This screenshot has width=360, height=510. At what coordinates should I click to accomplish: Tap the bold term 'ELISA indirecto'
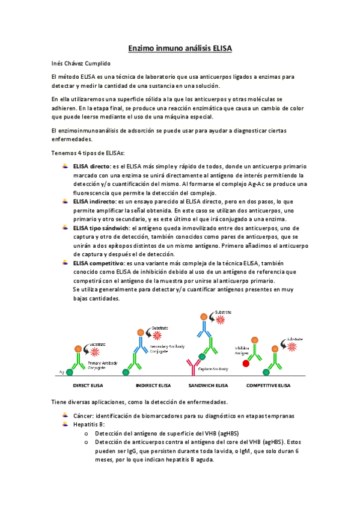tap(94, 201)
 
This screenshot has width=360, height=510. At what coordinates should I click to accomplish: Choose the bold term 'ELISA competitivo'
tap(98, 263)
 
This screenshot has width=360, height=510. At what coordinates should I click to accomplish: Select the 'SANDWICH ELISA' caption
tap(208, 369)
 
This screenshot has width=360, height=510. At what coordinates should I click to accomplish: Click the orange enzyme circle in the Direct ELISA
tap(78, 348)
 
